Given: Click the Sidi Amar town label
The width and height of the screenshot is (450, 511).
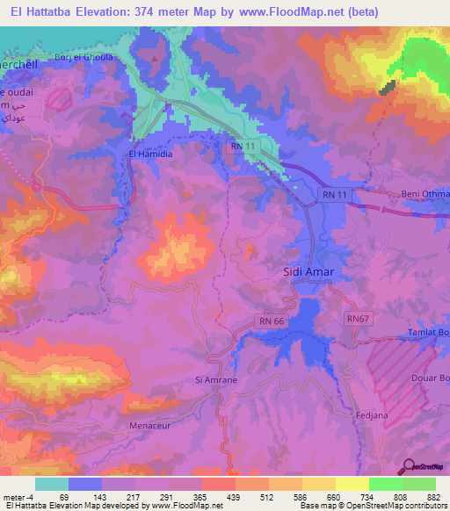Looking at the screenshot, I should pyautogui.click(x=306, y=273).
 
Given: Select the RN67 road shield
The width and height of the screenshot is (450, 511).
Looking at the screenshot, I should pyautogui.click(x=358, y=318).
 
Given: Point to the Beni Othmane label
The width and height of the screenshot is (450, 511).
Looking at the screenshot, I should pyautogui.click(x=428, y=192).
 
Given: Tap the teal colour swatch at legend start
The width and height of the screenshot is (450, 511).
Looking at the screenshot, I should pyautogui.click(x=52, y=484).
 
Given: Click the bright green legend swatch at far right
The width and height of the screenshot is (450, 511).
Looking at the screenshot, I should pyautogui.click(x=419, y=484).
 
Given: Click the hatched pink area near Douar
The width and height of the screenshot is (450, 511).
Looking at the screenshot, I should pyautogui.click(x=396, y=369).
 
